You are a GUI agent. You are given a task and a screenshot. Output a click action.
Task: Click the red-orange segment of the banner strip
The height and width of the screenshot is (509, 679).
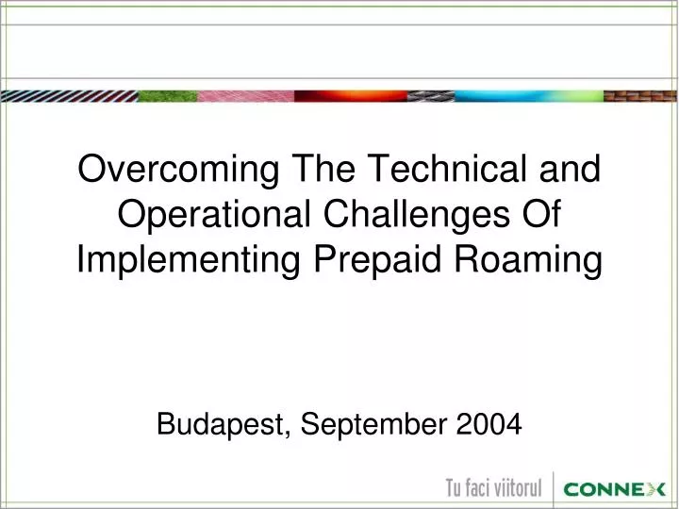pyautogui.click(x=349, y=95)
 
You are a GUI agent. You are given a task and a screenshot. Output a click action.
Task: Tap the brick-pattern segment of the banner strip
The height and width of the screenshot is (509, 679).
pyautogui.click(x=640, y=95)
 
